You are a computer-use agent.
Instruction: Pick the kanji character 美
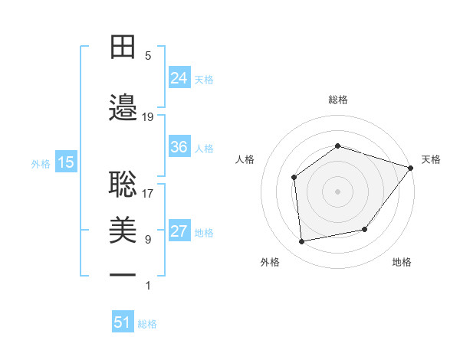[x=123, y=229]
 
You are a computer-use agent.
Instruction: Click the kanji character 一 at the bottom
[x=123, y=275]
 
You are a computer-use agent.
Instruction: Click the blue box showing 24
[x=179, y=78]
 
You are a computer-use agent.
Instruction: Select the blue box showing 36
[x=179, y=147]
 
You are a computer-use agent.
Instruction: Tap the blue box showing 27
[x=179, y=232]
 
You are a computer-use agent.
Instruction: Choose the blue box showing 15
[x=65, y=162]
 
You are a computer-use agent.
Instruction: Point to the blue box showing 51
[x=123, y=323]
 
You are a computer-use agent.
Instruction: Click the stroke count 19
[x=148, y=117]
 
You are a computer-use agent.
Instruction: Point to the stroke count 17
[x=148, y=193]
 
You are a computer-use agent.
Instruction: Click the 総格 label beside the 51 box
[x=147, y=324]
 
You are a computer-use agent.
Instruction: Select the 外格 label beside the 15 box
[x=40, y=163]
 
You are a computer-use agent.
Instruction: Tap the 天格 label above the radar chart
[x=431, y=159]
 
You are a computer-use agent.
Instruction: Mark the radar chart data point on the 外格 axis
[x=302, y=242]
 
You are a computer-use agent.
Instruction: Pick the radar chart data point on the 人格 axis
[x=294, y=178]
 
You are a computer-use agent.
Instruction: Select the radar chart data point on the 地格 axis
[x=365, y=229]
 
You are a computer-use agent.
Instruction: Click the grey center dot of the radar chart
[x=337, y=191]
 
